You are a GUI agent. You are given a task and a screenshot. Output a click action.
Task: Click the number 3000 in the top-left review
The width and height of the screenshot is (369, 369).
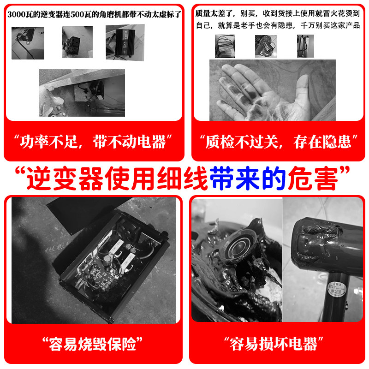pos(16,15)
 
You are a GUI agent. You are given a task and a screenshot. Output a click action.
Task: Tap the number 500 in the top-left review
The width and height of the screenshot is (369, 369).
pos(77,15)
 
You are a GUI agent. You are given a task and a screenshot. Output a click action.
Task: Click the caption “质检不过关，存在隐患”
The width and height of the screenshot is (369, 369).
pos(279,142)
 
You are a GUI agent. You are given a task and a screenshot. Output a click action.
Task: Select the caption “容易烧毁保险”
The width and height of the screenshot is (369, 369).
pos(93,344)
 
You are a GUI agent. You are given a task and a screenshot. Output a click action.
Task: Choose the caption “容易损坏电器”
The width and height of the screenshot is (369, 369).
pos(274,344)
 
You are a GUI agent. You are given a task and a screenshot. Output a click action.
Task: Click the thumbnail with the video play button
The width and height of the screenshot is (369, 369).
pos(28,43)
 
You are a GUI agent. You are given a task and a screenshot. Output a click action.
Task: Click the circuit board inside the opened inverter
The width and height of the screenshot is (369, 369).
pos(101,271)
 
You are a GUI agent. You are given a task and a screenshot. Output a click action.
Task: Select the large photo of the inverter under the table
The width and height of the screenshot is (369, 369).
pos(82,93)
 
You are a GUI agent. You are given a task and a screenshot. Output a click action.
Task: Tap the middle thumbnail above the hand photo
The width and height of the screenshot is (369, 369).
pos(266,47)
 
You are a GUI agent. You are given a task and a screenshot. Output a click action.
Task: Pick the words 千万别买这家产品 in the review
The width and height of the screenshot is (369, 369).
pos(330,25)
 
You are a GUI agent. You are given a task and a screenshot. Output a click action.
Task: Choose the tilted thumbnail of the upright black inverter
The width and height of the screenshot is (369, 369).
pos(125,42)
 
